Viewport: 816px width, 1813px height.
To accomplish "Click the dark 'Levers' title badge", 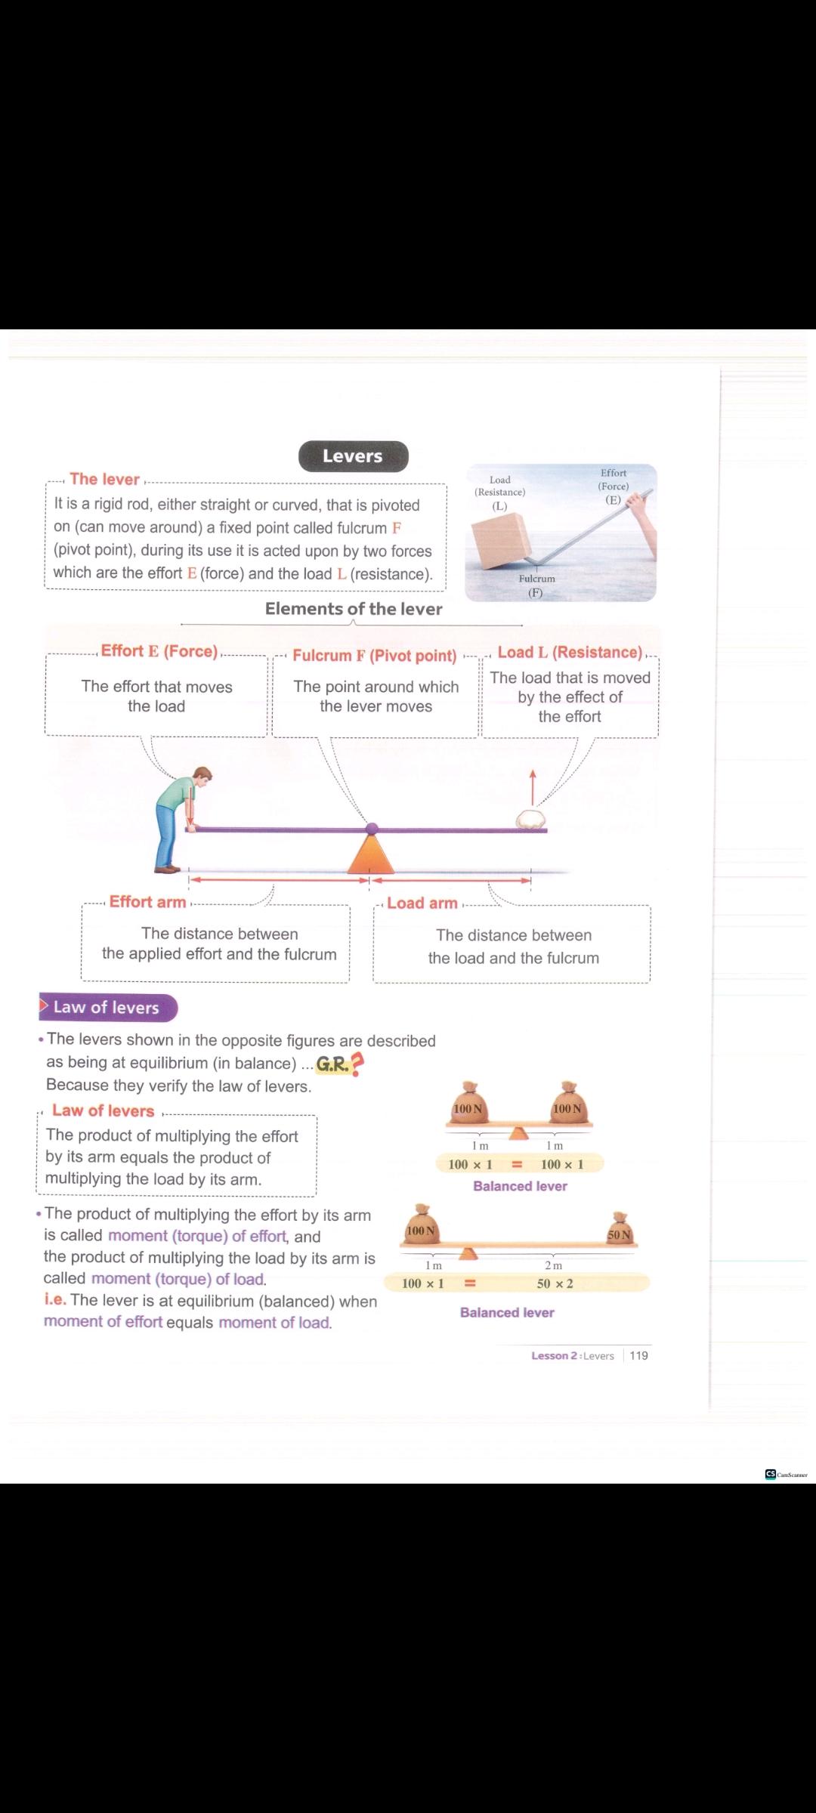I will (353, 456).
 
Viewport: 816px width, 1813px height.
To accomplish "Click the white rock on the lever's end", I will (531, 820).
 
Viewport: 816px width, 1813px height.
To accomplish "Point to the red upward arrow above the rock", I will (533, 788).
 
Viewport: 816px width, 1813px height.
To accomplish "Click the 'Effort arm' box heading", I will (147, 902).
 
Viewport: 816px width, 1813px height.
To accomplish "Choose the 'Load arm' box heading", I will (422, 903).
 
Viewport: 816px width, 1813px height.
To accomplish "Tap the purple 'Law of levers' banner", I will (107, 1008).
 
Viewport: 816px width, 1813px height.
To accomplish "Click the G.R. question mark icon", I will (357, 1064).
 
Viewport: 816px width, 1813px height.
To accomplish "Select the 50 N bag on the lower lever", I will (620, 1229).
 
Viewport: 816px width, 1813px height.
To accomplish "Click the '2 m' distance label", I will (554, 1265).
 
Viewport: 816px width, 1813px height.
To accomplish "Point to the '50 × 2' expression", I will (555, 1283).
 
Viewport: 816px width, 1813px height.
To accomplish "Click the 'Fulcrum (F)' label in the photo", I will (536, 585).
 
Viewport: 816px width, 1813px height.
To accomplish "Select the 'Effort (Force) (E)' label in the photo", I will (614, 486).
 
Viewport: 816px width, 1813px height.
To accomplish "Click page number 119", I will (639, 1356).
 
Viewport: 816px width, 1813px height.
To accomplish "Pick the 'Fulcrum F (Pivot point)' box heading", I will (375, 656).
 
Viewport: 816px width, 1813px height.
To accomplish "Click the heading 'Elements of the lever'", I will (354, 609).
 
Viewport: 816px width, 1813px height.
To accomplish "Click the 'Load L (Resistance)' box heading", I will (570, 653).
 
